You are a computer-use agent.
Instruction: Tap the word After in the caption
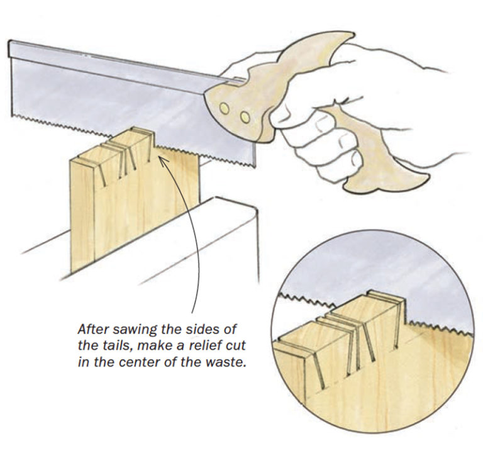click(x=92, y=328)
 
